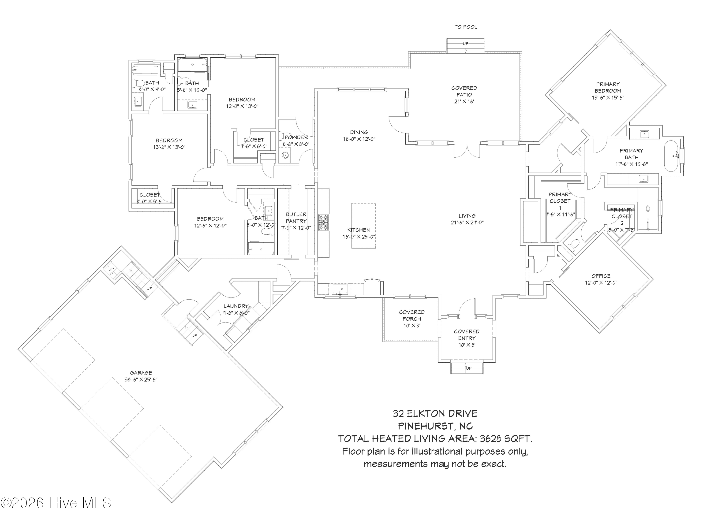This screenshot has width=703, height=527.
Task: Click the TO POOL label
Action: click(x=465, y=27)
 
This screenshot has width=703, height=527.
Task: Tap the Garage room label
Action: click(x=141, y=373)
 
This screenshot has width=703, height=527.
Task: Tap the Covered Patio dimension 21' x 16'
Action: click(x=464, y=102)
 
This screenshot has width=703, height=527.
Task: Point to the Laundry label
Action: click(x=236, y=306)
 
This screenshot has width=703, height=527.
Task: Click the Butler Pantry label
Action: click(x=296, y=218)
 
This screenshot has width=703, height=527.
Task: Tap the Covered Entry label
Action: click(x=467, y=335)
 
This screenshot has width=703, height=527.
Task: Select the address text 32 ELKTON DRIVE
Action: click(x=435, y=414)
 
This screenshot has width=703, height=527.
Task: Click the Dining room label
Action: click(x=359, y=132)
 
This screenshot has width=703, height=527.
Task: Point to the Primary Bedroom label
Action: click(x=608, y=87)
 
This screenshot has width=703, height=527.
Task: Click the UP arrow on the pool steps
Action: click(x=465, y=44)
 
